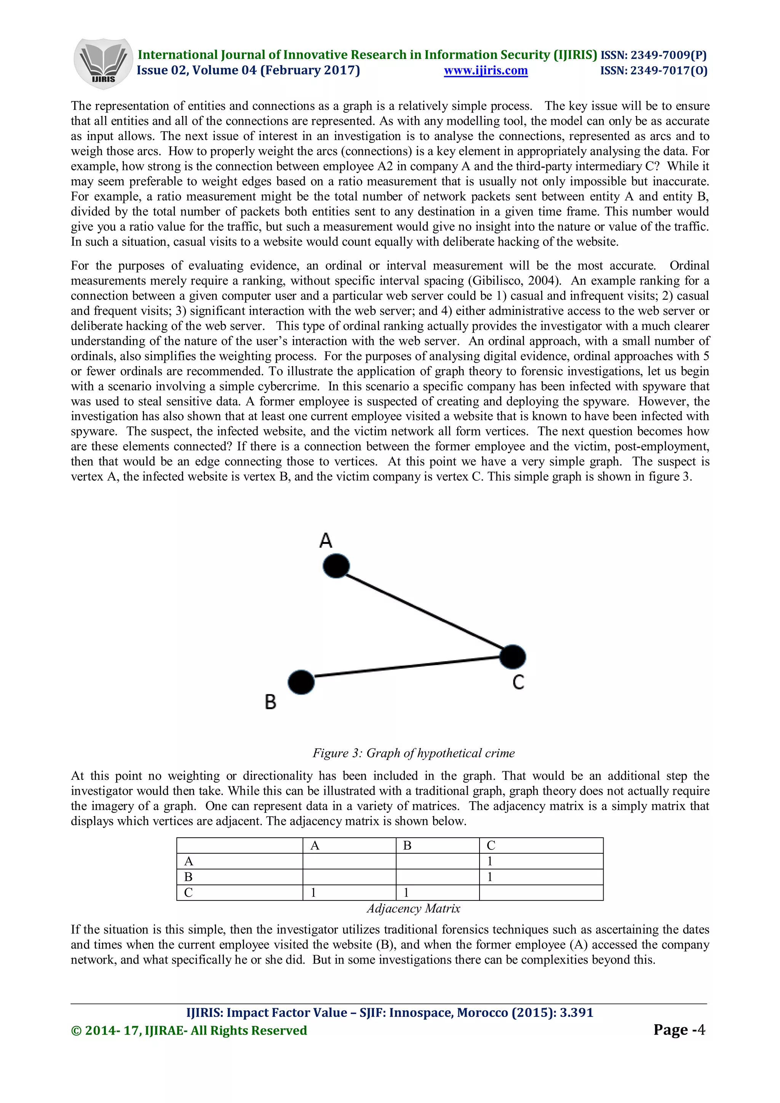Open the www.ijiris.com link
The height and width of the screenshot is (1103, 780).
click(485, 71)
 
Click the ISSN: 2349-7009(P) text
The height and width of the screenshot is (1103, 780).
click(653, 55)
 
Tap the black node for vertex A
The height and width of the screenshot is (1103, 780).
click(336, 566)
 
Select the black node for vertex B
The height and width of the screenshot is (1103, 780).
click(301, 682)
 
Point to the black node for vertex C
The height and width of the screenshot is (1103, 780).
click(512, 657)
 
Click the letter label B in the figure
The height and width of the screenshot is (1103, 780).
click(270, 702)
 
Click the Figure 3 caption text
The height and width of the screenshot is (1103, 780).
click(413, 753)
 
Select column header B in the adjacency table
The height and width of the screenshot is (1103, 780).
click(407, 845)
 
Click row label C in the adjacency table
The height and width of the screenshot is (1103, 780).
click(189, 893)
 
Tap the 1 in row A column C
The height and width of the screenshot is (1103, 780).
click(490, 861)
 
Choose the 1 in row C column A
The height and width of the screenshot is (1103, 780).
click(313, 893)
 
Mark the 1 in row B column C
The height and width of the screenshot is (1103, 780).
click(490, 877)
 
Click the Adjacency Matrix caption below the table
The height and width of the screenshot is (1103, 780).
click(413, 909)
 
